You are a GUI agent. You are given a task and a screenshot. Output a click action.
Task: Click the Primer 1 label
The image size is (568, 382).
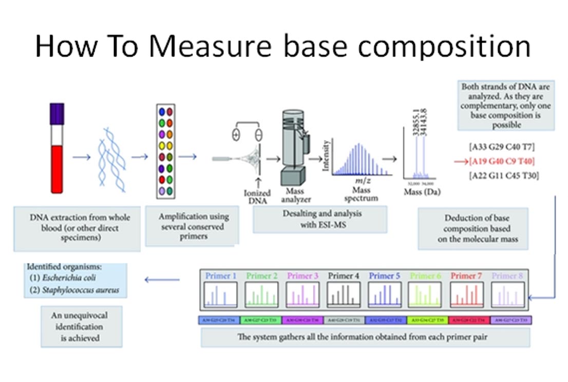[x=221, y=276]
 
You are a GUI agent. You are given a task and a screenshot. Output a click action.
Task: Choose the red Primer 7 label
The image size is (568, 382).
[x=466, y=276]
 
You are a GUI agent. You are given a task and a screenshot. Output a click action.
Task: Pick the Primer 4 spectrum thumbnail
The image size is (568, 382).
[x=344, y=296]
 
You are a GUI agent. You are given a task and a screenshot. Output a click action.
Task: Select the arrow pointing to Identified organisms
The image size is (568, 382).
[x=162, y=280]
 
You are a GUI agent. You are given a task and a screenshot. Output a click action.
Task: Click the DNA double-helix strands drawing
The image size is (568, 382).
[x=112, y=157]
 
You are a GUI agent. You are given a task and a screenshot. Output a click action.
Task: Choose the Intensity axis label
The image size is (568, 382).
[x=325, y=156]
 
